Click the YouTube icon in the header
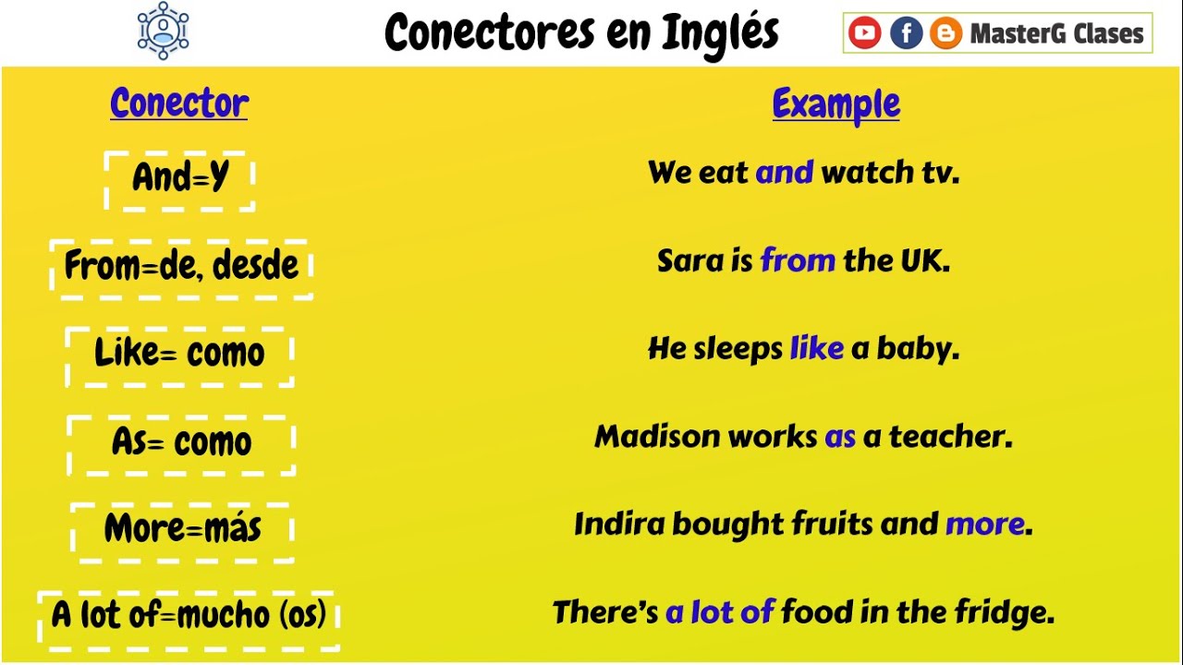864,34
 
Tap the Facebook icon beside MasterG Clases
906,34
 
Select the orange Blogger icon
945,34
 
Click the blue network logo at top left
163,30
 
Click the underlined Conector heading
179,103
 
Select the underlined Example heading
835,103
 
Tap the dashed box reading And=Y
180,177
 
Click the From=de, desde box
181,267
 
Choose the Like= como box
180,354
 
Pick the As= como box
181,443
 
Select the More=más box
182,530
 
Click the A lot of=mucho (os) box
189,616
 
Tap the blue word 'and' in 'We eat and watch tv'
784,173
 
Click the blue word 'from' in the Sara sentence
798,261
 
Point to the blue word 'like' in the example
816,349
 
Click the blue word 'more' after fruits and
984,525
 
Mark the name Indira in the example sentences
619,525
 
